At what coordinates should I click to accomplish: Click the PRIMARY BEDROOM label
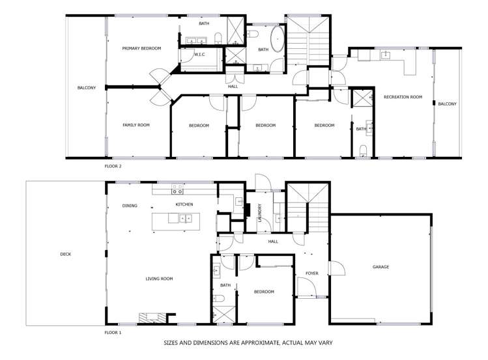click(x=141, y=48)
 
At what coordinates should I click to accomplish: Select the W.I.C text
click(x=199, y=55)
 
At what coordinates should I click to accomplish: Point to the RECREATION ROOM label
click(x=403, y=97)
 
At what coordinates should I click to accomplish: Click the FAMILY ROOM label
click(x=136, y=125)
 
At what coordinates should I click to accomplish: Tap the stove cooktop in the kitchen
click(x=177, y=190)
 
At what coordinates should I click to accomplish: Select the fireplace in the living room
click(x=148, y=318)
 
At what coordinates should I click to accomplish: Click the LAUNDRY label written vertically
click(x=259, y=212)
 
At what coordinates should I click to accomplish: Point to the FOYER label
click(x=311, y=273)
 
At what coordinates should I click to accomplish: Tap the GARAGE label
click(x=380, y=266)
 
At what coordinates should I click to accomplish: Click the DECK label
click(x=65, y=254)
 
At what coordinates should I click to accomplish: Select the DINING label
click(x=130, y=206)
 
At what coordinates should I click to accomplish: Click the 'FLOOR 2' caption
click(x=113, y=166)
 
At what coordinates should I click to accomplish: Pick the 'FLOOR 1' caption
click(x=113, y=332)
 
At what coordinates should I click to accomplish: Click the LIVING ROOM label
click(x=159, y=279)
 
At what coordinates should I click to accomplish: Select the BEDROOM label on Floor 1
click(x=264, y=292)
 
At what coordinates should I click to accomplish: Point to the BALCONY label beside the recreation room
click(x=447, y=104)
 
